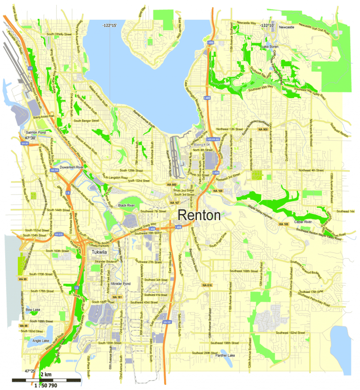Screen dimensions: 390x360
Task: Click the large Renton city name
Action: click(199, 215)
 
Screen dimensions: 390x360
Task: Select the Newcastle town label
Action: click(286, 28)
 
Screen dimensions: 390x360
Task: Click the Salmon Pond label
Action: click(36, 133)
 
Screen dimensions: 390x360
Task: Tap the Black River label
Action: click(127, 206)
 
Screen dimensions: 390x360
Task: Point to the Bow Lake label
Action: click(33, 310)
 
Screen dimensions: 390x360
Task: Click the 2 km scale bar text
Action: click(45, 374)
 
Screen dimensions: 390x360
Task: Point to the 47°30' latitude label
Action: click(30, 138)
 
